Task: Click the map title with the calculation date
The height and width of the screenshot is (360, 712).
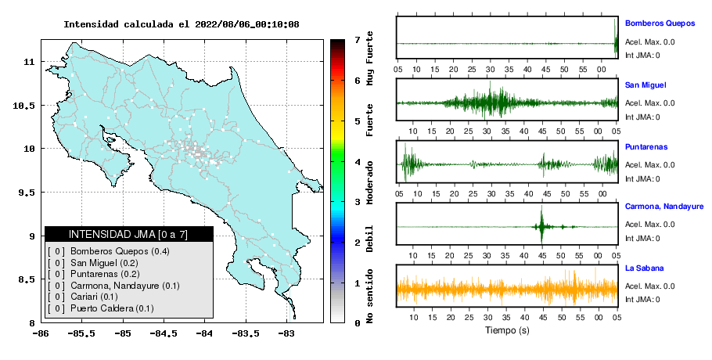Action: tap(182, 24)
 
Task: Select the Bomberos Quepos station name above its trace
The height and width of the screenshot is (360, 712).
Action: tap(660, 23)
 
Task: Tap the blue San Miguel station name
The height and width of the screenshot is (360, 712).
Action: tap(645, 85)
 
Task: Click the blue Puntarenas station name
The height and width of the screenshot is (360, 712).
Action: tap(646, 147)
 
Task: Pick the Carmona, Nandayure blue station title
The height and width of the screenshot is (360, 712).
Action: tap(663, 207)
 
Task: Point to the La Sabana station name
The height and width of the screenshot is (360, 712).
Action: tap(645, 268)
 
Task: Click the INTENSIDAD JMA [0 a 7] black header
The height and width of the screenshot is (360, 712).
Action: tap(128, 234)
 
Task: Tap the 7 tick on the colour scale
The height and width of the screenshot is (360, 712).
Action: tap(357, 40)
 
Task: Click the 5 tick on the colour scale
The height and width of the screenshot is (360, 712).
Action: tap(357, 121)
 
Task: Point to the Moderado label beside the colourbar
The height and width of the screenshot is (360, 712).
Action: tap(369, 182)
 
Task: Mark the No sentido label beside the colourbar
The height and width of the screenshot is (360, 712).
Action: tap(369, 296)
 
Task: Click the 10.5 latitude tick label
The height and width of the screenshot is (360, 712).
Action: tap(24, 106)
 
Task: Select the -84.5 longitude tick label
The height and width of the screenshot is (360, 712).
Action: tap(164, 334)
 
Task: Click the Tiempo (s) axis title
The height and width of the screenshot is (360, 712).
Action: tap(507, 330)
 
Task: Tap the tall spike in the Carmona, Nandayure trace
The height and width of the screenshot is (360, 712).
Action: tap(541, 225)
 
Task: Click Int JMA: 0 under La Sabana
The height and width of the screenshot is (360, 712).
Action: tap(642, 300)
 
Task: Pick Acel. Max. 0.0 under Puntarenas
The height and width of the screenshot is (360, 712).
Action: tap(649, 165)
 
